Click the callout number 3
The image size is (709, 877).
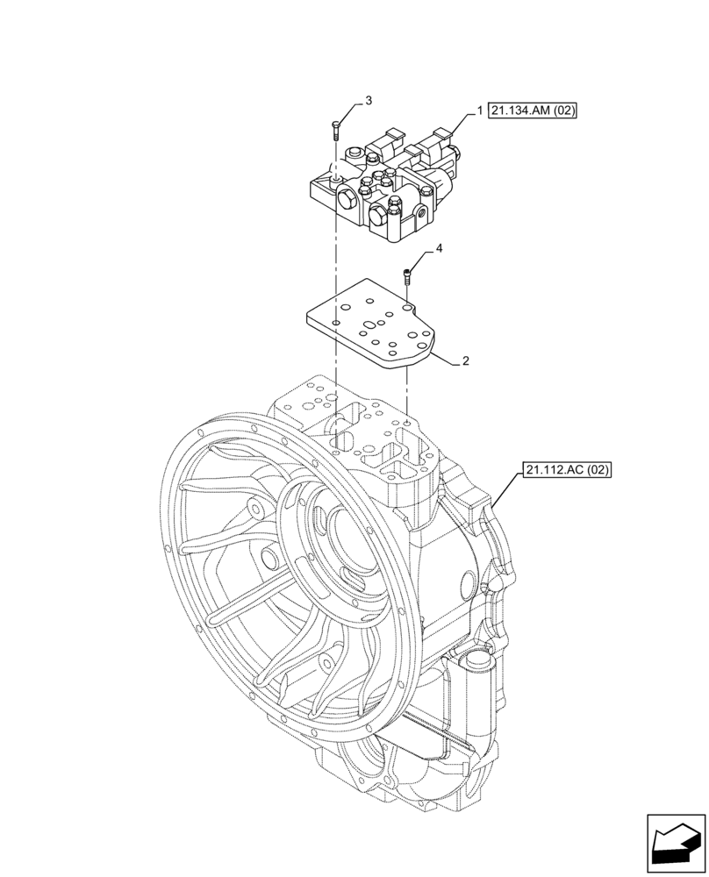coord(368,101)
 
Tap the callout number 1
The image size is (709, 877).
coord(480,111)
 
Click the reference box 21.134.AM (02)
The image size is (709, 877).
coord(534,111)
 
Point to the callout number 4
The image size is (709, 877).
coord(439,249)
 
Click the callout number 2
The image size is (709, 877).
coord(466,360)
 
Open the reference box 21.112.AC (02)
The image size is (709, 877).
coord(568,470)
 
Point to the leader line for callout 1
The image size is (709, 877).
coord(461,120)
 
